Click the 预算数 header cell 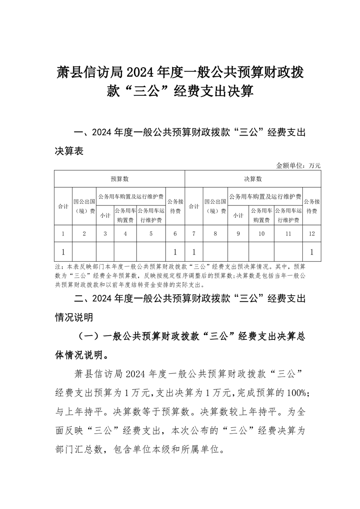click(x=120, y=179)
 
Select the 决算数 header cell click(x=253, y=179)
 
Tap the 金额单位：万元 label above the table click(x=298, y=166)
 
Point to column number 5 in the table click(x=151, y=234)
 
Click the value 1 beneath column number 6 click(x=175, y=252)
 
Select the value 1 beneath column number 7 click(x=194, y=252)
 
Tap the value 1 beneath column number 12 click(x=312, y=252)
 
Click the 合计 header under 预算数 click(x=63, y=206)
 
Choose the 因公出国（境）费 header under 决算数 click(x=216, y=206)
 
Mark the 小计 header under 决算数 click(x=238, y=215)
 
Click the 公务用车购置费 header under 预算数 click(x=125, y=215)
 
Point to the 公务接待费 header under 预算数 click(x=175, y=206)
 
